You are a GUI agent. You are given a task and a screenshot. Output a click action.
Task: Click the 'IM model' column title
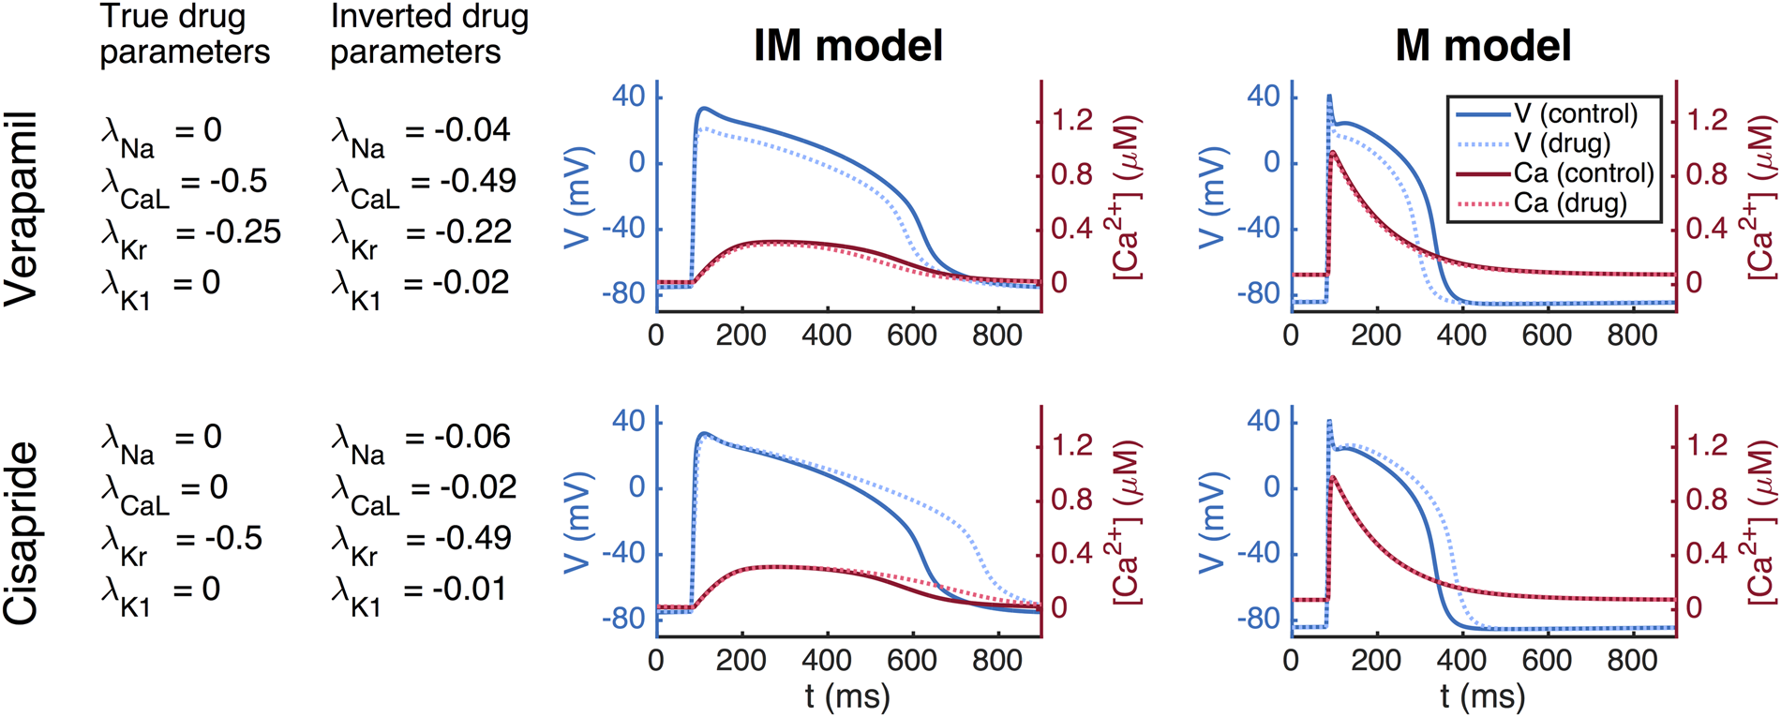pyautogui.click(x=847, y=46)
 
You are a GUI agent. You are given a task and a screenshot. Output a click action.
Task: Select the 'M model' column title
pyautogui.click(x=1483, y=46)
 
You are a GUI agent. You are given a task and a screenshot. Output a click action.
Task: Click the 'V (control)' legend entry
pyautogui.click(x=1576, y=113)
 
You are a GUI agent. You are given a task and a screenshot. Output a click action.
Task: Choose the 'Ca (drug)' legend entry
pyautogui.click(x=1570, y=202)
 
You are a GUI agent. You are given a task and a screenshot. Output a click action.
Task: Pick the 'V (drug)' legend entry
pyautogui.click(x=1562, y=142)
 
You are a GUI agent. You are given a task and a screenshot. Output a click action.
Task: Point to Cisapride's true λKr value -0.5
pyautogui.click(x=234, y=538)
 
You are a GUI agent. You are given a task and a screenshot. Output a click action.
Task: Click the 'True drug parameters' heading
pyautogui.click(x=185, y=34)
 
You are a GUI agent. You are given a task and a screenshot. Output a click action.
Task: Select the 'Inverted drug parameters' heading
pyautogui.click(x=429, y=34)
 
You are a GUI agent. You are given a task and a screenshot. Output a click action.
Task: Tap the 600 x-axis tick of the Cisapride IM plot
pyautogui.click(x=911, y=660)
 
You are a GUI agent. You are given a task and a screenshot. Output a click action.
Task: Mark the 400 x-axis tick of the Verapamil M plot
pyautogui.click(x=1460, y=336)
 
